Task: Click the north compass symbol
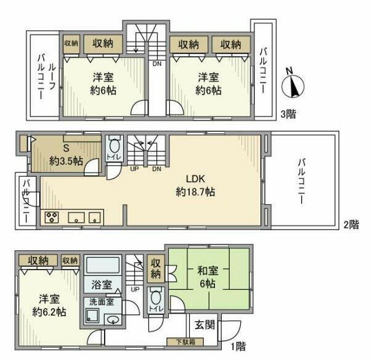[293, 86]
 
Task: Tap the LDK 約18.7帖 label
[195, 185]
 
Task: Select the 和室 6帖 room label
[208, 277]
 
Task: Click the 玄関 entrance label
[204, 325]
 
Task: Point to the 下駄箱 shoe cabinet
[185, 342]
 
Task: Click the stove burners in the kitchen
[52, 217]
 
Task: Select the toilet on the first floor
[156, 297]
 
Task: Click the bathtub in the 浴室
[103, 265]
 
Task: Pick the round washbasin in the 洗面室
[113, 320]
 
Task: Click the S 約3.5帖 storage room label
[66, 154]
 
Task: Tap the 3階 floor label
[288, 114]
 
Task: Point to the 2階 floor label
[351, 224]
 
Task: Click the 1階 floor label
[238, 346]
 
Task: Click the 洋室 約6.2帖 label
[49, 305]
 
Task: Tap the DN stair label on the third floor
[157, 63]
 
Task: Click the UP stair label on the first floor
[135, 289]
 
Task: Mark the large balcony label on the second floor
[302, 181]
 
